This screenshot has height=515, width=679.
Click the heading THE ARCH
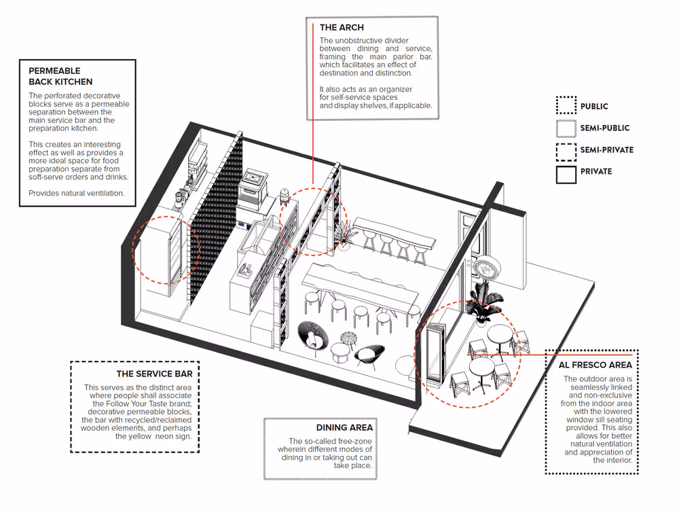[x=342, y=28]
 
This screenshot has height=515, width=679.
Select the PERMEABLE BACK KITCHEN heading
[x=60, y=76]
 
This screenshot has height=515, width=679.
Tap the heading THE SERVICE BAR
[x=154, y=374]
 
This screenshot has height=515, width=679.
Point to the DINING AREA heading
[x=344, y=427]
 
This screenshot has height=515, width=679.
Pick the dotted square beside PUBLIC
[x=566, y=106]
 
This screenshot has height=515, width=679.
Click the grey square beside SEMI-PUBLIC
[x=566, y=128]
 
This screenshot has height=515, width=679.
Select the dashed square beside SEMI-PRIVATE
[x=566, y=149]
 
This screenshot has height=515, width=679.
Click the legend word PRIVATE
[x=595, y=172]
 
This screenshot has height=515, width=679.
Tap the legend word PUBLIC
[x=594, y=107]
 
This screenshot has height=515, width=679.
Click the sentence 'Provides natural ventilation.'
[x=76, y=194]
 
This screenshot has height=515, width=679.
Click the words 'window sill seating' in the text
[x=598, y=420]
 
